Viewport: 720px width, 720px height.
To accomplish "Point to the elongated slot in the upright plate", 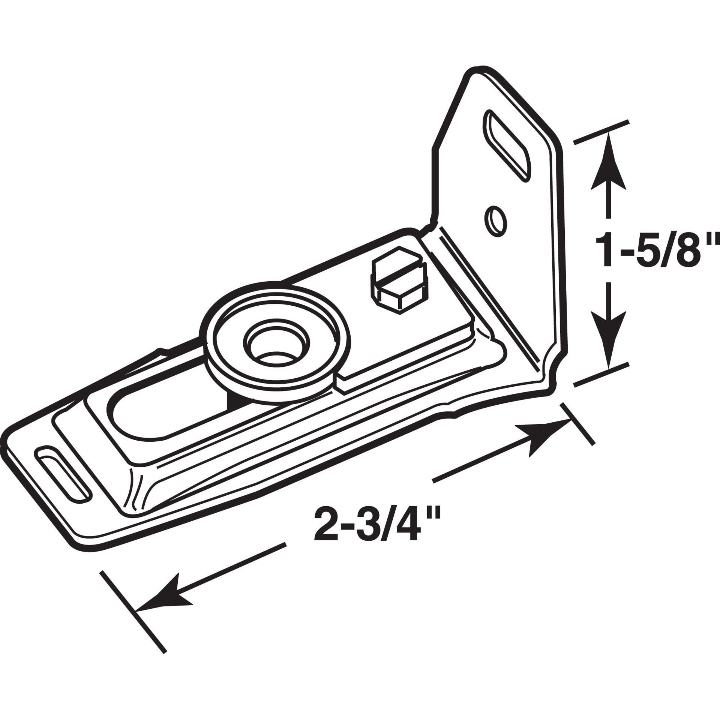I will point(508,144).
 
